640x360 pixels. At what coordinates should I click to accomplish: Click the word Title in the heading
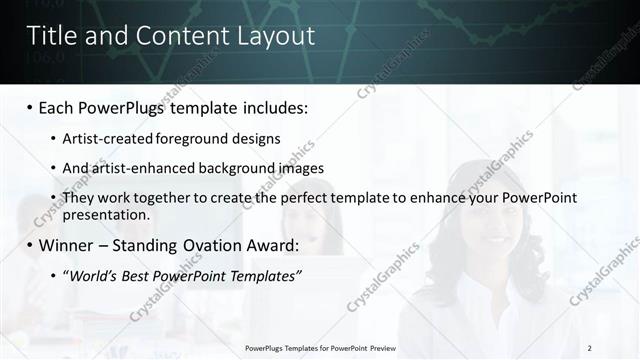pyautogui.click(x=49, y=36)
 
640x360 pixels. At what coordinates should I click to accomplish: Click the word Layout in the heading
pyautogui.click(x=279, y=36)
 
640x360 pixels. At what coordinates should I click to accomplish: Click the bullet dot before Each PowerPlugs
pyautogui.click(x=30, y=106)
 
